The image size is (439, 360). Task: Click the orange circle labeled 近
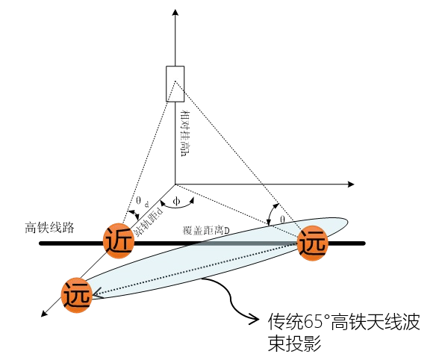[119, 240]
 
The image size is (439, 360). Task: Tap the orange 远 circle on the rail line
[312, 243]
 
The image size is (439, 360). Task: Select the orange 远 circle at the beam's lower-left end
[77, 295]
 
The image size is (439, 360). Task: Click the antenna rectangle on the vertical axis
[175, 84]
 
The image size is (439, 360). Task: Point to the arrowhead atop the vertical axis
[175, 13]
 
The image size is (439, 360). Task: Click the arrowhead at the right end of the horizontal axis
[351, 184]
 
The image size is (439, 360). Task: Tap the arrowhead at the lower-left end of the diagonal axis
[44, 314]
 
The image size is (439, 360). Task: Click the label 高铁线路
[49, 227]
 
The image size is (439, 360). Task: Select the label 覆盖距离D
[206, 230]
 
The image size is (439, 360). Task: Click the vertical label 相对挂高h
[184, 134]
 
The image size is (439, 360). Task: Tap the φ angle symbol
[176, 201]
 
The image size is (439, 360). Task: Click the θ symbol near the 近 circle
[139, 200]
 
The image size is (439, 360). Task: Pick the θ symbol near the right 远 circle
[282, 220]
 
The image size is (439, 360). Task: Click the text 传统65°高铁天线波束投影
[343, 332]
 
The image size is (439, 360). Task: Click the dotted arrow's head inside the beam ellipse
[96, 294]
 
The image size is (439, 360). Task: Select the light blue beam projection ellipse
[216, 258]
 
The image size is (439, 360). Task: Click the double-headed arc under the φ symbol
[177, 205]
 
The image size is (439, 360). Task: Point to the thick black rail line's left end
[41, 243]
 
